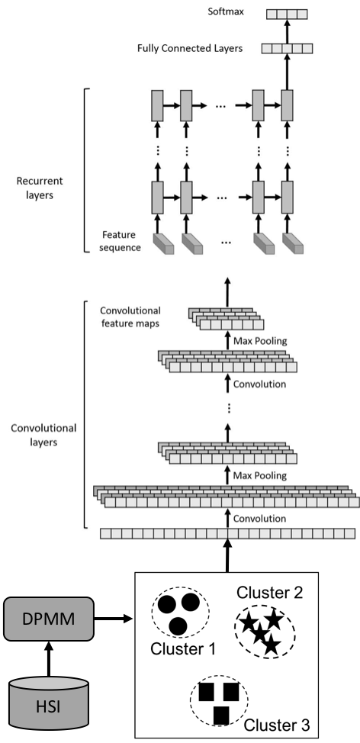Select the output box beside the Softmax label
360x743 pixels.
click(287, 14)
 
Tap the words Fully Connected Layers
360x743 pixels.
click(190, 48)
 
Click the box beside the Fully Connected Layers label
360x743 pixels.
click(287, 48)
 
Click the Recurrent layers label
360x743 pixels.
click(40, 187)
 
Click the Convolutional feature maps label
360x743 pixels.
click(130, 317)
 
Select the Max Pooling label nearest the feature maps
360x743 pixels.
click(260, 341)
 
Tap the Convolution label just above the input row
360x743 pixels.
click(260, 519)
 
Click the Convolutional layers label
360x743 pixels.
click(43, 434)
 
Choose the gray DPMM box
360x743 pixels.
click(49, 618)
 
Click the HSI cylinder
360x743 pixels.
click(49, 703)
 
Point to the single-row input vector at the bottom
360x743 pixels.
click(227, 533)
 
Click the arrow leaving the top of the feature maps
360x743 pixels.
click(227, 291)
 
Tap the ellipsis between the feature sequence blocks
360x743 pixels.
click(227, 242)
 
